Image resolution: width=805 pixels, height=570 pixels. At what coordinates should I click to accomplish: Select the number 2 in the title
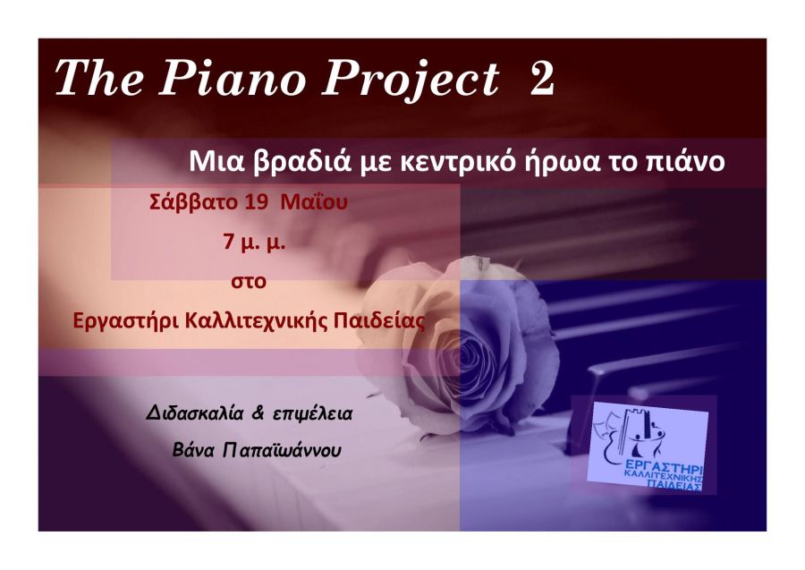[x=542, y=79]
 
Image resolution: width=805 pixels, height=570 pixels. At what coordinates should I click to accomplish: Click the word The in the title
[x=99, y=77]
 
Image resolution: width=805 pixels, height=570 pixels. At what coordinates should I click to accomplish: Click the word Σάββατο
[x=193, y=202]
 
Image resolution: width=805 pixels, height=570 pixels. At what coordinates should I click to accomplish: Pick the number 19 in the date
[x=256, y=202]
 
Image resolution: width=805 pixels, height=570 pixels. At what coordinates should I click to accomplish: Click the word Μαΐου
[x=314, y=202]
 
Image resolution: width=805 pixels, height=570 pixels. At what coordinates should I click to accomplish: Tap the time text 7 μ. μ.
[x=254, y=242]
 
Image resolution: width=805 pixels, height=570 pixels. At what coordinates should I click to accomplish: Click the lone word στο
[x=249, y=282]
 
